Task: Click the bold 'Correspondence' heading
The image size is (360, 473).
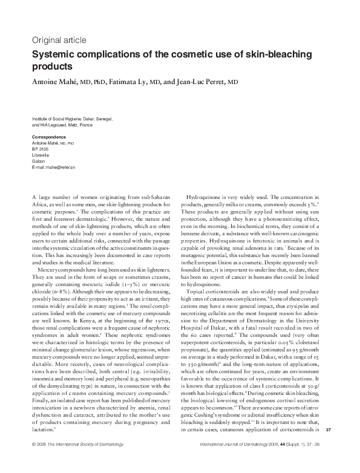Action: [x=48, y=137]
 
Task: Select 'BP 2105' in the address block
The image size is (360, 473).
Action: [x=39, y=148]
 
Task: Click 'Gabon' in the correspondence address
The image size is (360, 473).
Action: [x=38, y=160]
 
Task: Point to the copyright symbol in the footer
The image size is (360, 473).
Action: [x=33, y=461]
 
